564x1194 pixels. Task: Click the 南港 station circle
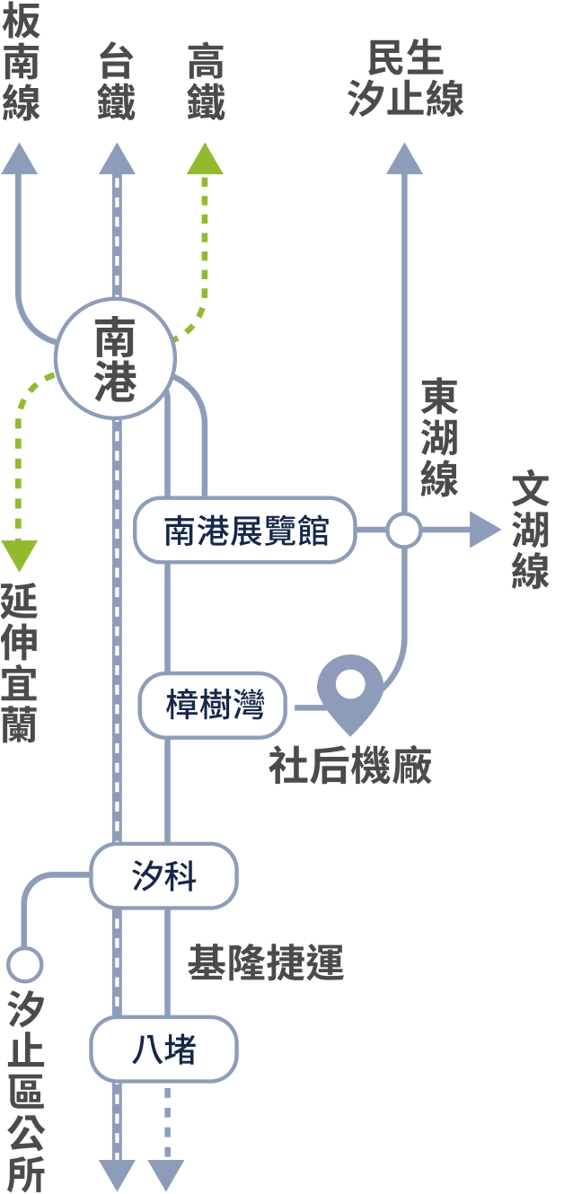116,358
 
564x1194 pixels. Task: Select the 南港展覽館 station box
245,531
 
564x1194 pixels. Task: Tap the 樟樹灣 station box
214,705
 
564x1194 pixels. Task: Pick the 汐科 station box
163,875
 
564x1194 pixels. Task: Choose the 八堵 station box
163,1049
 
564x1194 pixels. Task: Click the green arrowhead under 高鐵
205,160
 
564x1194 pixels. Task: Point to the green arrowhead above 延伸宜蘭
19,555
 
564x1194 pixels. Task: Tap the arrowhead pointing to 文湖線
485,531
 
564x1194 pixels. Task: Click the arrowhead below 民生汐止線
404,159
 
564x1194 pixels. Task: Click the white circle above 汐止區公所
25,965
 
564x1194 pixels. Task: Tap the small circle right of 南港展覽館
404,531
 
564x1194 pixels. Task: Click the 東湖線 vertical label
439,437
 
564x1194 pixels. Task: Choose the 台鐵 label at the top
116,81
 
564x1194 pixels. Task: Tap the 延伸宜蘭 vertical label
19,663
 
